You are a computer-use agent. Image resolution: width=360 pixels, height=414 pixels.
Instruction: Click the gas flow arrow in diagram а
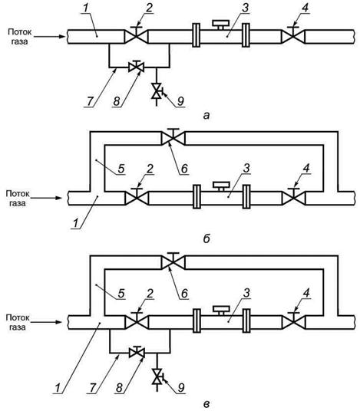[49, 37]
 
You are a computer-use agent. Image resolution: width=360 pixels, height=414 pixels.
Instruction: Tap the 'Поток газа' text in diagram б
[18, 199]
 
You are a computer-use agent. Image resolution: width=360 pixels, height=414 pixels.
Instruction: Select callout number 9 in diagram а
[180, 100]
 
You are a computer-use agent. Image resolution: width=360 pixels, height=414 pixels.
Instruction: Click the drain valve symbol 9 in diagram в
[158, 376]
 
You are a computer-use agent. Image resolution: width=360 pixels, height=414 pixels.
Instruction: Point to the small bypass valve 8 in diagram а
[136, 66]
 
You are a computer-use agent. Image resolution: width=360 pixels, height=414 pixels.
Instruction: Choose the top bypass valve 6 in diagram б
[173, 137]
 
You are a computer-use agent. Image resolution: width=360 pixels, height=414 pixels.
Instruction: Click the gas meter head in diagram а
[221, 25]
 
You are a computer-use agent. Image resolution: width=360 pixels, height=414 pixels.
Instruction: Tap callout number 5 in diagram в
[121, 294]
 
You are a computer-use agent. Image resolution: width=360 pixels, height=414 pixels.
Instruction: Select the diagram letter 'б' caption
[206, 238]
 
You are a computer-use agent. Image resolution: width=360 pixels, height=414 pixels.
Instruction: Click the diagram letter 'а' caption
[206, 116]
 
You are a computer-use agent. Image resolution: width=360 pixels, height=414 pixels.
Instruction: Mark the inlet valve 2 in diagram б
[137, 197]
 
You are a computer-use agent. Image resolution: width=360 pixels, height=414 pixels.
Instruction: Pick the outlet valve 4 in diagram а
[293, 35]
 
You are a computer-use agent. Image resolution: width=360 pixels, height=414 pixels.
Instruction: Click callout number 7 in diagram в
[93, 388]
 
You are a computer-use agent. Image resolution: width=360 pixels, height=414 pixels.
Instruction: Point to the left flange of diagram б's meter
[197, 197]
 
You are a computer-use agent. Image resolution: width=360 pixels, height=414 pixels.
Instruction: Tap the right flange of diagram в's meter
[246, 320]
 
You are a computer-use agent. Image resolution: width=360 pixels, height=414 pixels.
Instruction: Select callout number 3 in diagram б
[246, 169]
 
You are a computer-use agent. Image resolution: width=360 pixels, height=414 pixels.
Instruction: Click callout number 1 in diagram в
[58, 388]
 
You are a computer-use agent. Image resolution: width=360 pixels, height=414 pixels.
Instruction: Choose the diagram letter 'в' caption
[206, 404]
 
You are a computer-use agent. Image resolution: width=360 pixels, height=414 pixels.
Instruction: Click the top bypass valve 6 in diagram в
[173, 261]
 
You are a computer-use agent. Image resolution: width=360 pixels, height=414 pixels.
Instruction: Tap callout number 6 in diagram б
[184, 169]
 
